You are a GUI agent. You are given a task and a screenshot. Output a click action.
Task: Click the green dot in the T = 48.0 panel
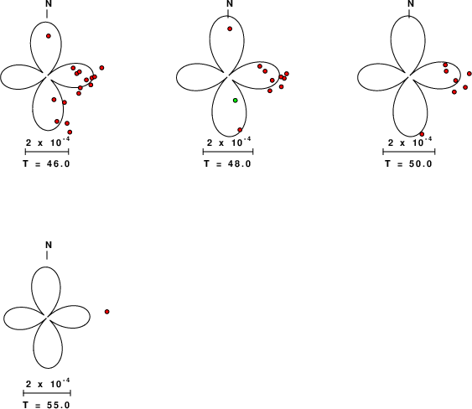point(236,101)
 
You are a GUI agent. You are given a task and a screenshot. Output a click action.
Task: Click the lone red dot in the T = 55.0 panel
point(106,312)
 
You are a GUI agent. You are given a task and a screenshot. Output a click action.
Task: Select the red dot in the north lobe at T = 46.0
point(49,36)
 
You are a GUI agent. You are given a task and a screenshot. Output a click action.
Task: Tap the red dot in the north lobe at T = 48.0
point(230,28)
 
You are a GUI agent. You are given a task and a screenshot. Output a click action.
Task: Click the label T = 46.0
point(47,164)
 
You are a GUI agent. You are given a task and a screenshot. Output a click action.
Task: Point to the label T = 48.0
point(227,164)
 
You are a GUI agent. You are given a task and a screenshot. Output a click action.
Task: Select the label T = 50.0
point(409,164)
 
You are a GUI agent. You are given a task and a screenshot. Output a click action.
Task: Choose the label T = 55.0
point(47,405)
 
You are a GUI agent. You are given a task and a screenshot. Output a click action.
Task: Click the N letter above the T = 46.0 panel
point(48,4)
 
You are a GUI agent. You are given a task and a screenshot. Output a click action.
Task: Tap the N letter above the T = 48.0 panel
point(230,4)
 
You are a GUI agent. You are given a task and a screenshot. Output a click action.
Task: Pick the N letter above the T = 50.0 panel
point(411,4)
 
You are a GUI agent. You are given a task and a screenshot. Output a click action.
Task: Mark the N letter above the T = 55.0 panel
point(49,245)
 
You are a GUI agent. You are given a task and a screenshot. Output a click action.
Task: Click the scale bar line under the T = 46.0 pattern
point(47,152)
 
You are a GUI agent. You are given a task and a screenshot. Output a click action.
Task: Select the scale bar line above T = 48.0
point(228,152)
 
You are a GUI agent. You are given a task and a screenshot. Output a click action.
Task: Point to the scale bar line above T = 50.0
point(409,152)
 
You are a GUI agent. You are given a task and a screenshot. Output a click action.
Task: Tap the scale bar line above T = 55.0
point(47,393)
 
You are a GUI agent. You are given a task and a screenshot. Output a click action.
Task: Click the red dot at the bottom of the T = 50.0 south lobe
point(422,134)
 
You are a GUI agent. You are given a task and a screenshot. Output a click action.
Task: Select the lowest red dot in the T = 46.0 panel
point(70,132)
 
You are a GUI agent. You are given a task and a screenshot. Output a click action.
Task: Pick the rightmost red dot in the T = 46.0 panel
point(101,68)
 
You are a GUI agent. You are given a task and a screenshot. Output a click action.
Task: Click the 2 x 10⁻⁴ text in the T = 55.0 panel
point(48,384)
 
